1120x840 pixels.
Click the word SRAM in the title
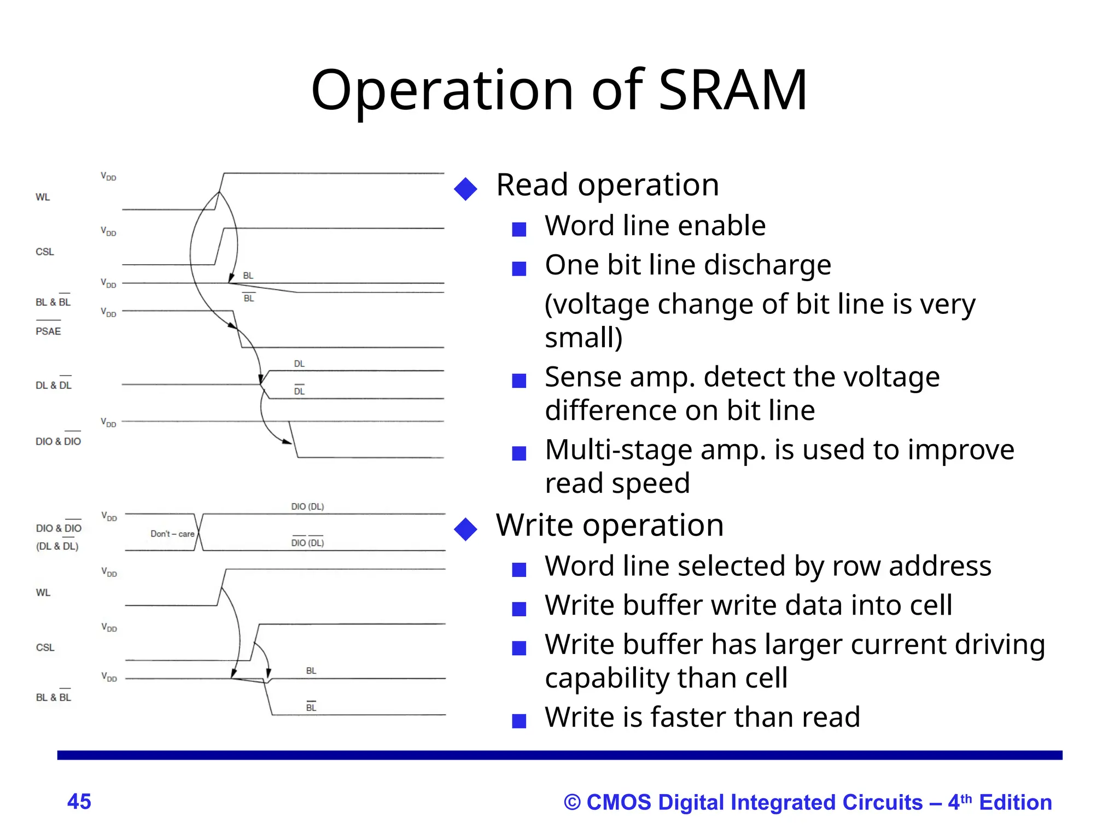click(733, 90)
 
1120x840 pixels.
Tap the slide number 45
click(79, 802)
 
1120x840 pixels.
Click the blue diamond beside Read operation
click(465, 189)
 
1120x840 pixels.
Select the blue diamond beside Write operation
click(465, 529)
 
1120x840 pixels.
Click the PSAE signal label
click(48, 331)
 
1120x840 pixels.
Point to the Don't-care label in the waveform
click(172, 534)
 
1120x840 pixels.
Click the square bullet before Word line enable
click(518, 229)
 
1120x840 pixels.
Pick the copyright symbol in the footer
click(572, 803)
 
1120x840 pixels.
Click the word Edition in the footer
click(1015, 802)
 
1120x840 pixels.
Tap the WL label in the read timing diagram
click(43, 197)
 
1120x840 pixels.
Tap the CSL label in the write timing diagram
click(45, 647)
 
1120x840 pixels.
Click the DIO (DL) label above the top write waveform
click(307, 507)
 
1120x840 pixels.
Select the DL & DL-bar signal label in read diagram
click(54, 386)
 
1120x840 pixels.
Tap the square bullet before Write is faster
click(518, 721)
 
